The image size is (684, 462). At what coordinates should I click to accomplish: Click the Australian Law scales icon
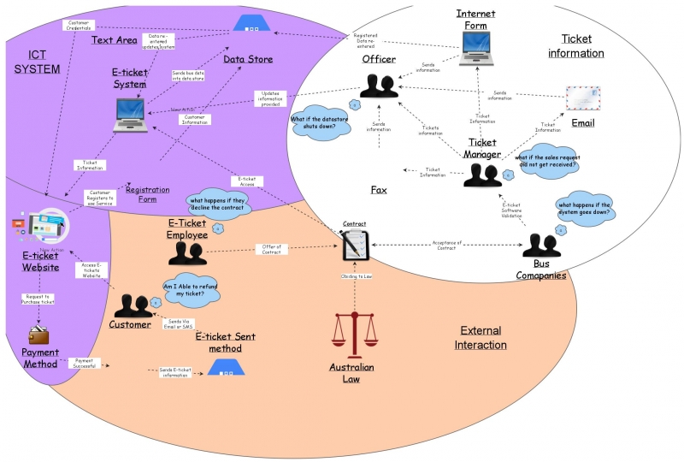click(x=353, y=335)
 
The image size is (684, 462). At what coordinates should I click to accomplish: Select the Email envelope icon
click(x=583, y=99)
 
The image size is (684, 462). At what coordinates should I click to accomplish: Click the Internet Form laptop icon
click(x=475, y=49)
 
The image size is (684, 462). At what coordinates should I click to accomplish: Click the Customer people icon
click(x=133, y=306)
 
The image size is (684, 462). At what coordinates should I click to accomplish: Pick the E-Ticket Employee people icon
click(x=187, y=252)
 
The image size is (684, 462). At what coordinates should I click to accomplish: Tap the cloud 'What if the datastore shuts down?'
click(x=320, y=125)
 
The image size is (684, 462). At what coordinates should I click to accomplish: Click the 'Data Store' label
click(x=249, y=59)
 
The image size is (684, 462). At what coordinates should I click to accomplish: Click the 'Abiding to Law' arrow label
click(x=355, y=276)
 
